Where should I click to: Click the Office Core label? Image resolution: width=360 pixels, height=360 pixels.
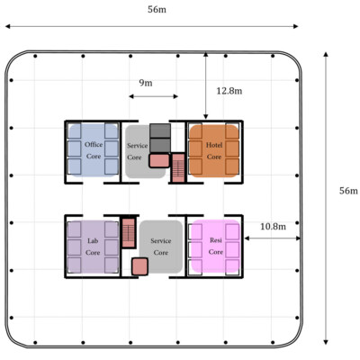(94, 150)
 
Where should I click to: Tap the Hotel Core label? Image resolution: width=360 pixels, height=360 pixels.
(214, 151)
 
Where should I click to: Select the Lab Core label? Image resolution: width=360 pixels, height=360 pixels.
(93, 247)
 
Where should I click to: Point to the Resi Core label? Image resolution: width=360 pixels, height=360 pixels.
(216, 246)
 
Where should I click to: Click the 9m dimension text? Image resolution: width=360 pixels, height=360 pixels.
(146, 83)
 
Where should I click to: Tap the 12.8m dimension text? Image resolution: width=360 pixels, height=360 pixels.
(229, 91)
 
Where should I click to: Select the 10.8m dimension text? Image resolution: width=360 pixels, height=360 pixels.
(273, 227)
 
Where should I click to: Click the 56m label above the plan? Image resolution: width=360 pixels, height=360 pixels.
(157, 10)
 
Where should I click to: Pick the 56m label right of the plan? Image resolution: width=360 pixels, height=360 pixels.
(348, 191)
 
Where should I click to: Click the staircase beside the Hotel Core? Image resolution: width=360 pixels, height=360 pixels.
(178, 167)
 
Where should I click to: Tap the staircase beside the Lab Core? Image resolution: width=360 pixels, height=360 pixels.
(129, 233)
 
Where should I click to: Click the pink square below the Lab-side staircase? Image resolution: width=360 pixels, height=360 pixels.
(139, 266)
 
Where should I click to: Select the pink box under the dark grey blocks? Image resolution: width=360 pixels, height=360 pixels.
(159, 160)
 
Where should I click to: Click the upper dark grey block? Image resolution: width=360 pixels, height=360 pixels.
(160, 130)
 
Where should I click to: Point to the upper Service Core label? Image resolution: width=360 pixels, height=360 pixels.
(138, 151)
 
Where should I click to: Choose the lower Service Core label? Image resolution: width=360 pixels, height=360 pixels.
(161, 247)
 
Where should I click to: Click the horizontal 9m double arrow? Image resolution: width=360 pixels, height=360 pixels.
(153, 96)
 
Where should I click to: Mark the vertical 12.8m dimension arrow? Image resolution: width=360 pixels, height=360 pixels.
(205, 85)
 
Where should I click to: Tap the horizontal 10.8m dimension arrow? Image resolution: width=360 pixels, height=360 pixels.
(273, 238)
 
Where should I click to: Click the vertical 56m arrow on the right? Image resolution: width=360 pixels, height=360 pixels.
(326, 198)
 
